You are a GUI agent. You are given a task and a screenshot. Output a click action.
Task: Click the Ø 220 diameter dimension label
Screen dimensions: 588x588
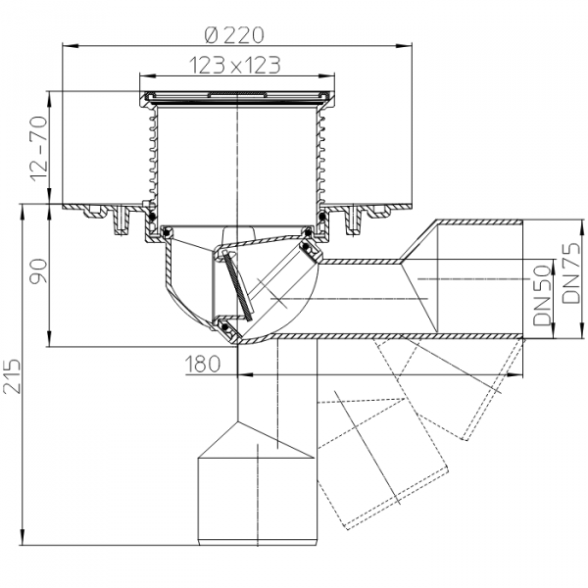[x=234, y=35]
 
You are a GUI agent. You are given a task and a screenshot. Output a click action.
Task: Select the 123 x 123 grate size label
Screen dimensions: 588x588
[x=235, y=66]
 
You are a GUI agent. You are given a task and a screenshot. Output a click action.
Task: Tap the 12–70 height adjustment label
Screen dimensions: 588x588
[x=39, y=149]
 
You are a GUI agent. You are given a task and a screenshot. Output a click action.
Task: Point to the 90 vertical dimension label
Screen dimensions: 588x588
[x=39, y=270]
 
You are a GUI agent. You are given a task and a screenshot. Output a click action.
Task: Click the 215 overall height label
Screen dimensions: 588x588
[x=12, y=376]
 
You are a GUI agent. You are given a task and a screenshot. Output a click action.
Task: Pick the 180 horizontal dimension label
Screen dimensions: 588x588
[x=203, y=364]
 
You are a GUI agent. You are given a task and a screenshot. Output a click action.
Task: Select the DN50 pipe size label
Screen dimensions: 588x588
[x=542, y=296]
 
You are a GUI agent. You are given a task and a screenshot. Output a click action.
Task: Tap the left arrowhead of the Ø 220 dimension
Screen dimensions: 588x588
[x=70, y=46]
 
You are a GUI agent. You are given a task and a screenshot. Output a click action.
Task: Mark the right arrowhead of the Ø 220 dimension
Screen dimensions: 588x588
[x=404, y=46]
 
